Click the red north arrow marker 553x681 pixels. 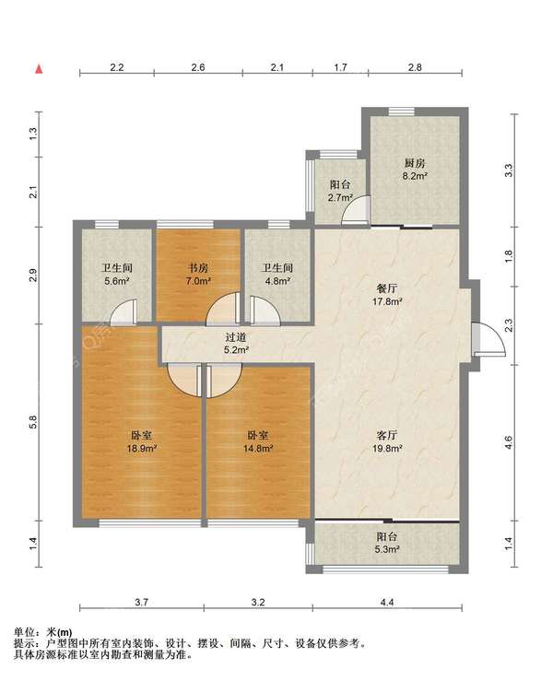pyautogui.click(x=39, y=68)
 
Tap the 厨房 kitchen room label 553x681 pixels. pyautogui.click(x=415, y=163)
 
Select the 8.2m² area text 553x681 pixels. pyautogui.click(x=415, y=176)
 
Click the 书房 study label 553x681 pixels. pyautogui.click(x=197, y=268)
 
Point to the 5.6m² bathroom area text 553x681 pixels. pyautogui.click(x=117, y=281)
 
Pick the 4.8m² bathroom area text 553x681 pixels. pyautogui.click(x=277, y=281)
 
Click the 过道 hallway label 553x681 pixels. pyautogui.click(x=236, y=337)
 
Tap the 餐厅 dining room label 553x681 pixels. pyautogui.click(x=386, y=288)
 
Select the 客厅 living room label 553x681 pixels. pyautogui.click(x=386, y=435)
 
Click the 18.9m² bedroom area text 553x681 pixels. pyautogui.click(x=142, y=449)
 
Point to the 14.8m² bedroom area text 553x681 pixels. pyautogui.click(x=258, y=449)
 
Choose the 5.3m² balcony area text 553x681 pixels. pyautogui.click(x=387, y=549)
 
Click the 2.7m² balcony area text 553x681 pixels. pyautogui.click(x=340, y=197)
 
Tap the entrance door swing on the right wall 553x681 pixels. pyautogui.click(x=490, y=340)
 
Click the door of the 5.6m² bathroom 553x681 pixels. pyautogui.click(x=124, y=312)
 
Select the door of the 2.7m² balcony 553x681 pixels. pyautogui.click(x=356, y=211)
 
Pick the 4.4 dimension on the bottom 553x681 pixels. pyautogui.click(x=387, y=603)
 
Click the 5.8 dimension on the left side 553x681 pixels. pyautogui.click(x=33, y=422)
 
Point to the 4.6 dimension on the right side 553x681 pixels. pyautogui.click(x=509, y=442)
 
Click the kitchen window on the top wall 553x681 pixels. pyautogui.click(x=402, y=112)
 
